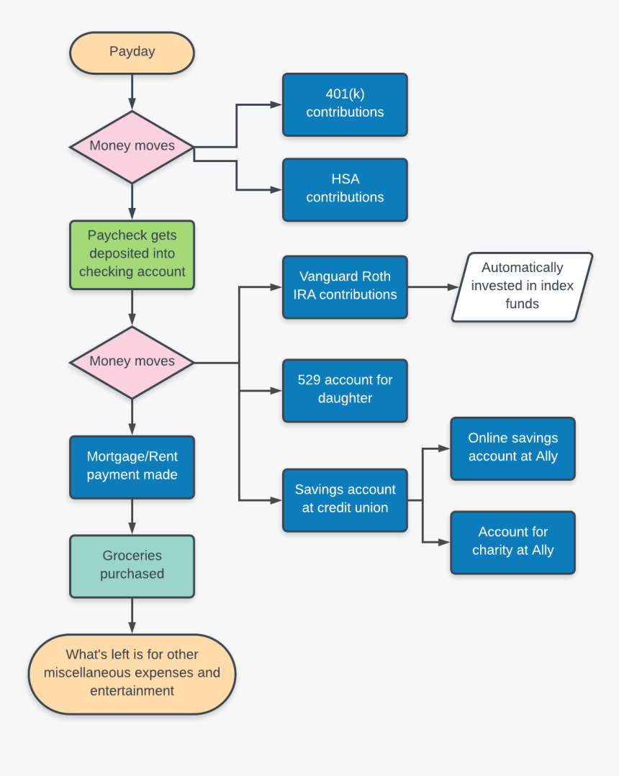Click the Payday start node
coord(132,53)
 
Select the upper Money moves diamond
coord(132,146)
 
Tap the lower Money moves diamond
coord(132,362)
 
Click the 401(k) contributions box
coord(345,104)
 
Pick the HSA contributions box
coord(345,189)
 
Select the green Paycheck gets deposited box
coord(132,255)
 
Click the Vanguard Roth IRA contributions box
coord(345,287)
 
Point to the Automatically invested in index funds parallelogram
coord(522,287)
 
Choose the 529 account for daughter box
coord(345,390)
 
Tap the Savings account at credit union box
coord(345,500)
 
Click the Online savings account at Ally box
coord(512,448)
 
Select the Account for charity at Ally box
coord(512,542)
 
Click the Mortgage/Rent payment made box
coord(132,466)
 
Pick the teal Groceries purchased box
coord(132,566)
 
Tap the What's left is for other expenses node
coord(132,674)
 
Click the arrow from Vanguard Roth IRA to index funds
coord(432,287)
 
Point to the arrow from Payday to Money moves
coord(132,91)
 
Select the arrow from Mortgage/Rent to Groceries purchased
coord(132,516)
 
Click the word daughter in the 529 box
coord(345,399)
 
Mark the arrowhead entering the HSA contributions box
coord(276,190)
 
